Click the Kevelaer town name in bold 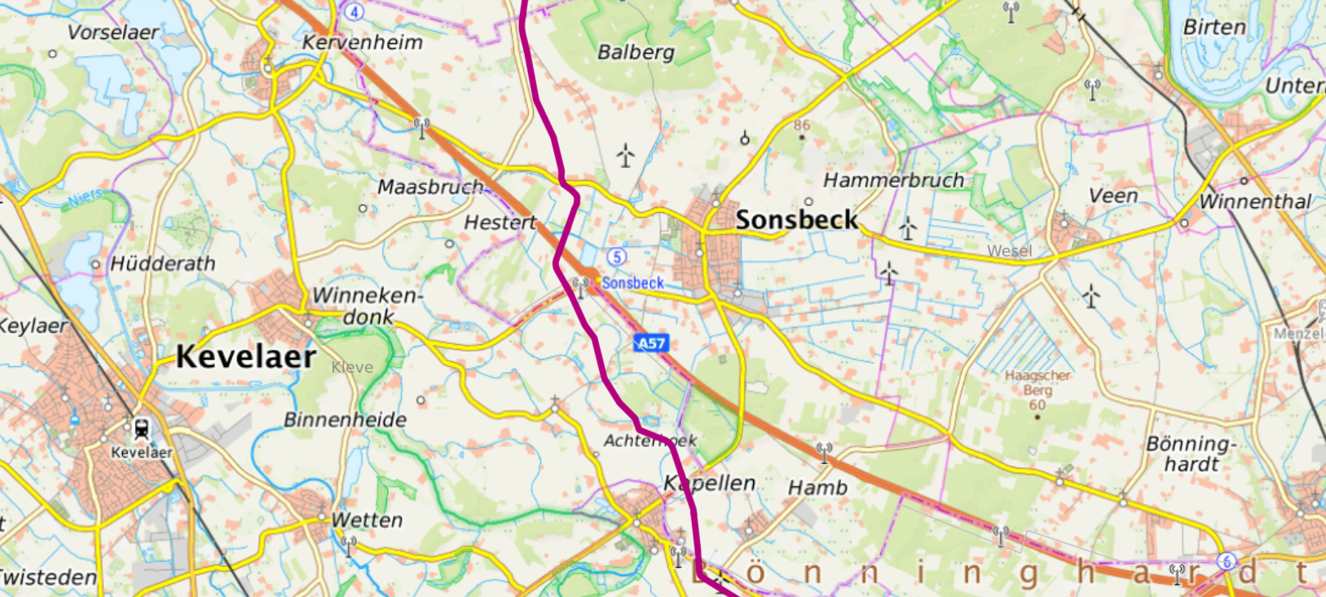(246, 356)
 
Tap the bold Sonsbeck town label (796, 219)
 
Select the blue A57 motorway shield (651, 343)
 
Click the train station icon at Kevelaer (141, 428)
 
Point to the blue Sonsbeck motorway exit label (632, 283)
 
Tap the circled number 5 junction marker (617, 257)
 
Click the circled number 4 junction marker (353, 11)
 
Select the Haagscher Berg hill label (1037, 383)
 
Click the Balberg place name (636, 52)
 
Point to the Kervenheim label (363, 42)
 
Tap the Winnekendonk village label (368, 305)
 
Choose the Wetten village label (367, 520)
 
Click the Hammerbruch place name (893, 180)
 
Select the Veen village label (1113, 196)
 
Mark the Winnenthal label (1255, 201)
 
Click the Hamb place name (817, 488)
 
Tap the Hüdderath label (163, 263)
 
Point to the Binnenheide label (345, 420)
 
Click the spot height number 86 (802, 126)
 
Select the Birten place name (1214, 27)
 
